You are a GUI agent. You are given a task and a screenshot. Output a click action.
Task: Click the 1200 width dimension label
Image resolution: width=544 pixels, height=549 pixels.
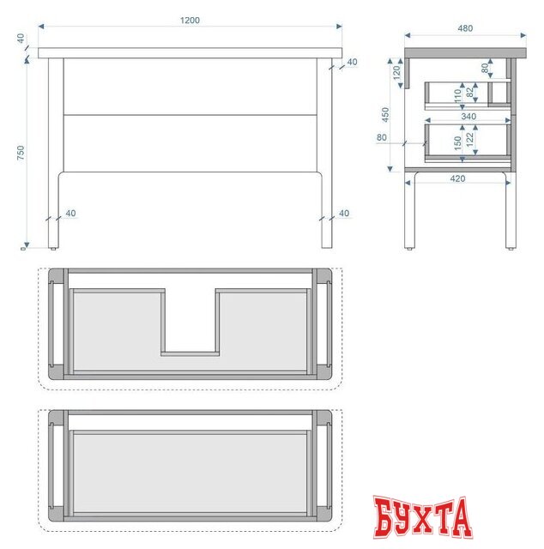click(190, 21)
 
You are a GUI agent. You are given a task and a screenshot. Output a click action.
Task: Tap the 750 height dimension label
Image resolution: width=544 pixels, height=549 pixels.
click(21, 153)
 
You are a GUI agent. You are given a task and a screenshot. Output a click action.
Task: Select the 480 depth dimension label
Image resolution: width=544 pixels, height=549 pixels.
click(465, 28)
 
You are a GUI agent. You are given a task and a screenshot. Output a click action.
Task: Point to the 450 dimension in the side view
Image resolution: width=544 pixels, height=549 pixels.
click(385, 114)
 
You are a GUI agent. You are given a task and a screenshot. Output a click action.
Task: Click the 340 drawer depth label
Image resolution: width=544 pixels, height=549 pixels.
click(468, 117)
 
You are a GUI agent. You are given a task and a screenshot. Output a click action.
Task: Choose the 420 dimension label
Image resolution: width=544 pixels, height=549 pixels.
click(457, 178)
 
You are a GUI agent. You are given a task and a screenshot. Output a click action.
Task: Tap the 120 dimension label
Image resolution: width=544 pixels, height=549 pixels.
click(396, 73)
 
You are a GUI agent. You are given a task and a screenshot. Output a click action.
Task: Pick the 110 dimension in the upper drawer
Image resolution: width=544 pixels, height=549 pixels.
click(457, 95)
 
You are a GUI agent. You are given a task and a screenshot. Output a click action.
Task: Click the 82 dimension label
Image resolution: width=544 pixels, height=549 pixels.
click(470, 92)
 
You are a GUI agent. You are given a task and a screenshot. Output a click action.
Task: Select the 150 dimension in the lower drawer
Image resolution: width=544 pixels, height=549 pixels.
click(457, 143)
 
